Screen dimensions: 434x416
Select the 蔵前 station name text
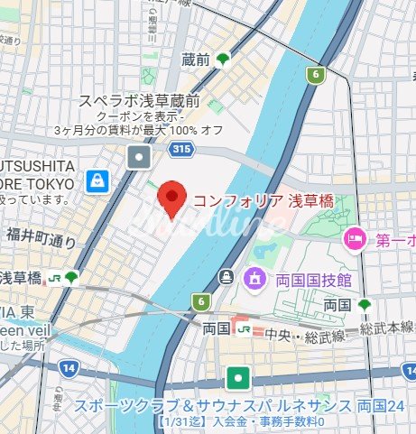[195, 60]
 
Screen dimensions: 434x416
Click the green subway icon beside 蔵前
[222, 60]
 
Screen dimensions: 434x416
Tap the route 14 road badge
[67, 367]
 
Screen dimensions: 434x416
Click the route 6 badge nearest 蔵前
[315, 75]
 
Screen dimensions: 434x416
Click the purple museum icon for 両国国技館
[254, 275]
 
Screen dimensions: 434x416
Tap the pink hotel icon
[354, 240]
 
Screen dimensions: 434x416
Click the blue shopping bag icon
[97, 181]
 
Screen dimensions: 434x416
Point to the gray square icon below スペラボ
[140, 159]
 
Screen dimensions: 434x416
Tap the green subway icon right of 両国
[365, 306]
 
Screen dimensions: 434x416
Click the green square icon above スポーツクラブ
[238, 377]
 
